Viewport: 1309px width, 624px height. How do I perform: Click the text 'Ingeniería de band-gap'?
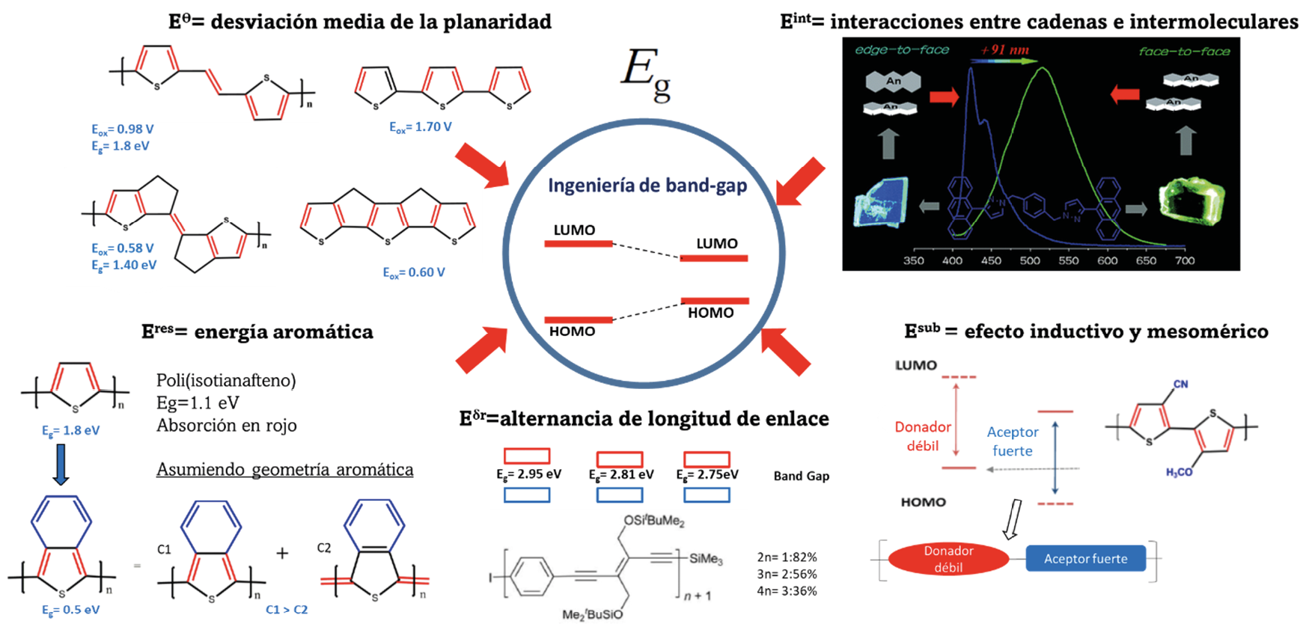647,186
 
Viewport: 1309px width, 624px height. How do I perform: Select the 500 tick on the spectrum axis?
1030,261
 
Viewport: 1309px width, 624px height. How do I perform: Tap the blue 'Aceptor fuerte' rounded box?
1085,559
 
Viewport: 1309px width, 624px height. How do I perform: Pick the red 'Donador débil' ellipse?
948,559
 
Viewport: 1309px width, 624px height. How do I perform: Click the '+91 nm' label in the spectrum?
1004,50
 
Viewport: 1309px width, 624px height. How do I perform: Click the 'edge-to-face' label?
902,50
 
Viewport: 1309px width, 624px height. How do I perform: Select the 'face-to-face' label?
1184,52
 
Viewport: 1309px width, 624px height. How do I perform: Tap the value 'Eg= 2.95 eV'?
528,474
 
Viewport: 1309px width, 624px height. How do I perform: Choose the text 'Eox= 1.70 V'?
420,127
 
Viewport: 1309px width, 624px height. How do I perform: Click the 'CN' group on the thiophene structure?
1180,385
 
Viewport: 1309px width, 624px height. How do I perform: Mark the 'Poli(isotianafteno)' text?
226,381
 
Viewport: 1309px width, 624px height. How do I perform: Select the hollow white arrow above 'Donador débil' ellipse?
1013,519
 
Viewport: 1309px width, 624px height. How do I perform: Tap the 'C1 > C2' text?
287,609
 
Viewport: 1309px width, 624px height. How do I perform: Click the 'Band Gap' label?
801,476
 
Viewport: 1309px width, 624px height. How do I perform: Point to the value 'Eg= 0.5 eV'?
70,609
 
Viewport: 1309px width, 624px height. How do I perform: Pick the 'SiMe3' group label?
706,559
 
